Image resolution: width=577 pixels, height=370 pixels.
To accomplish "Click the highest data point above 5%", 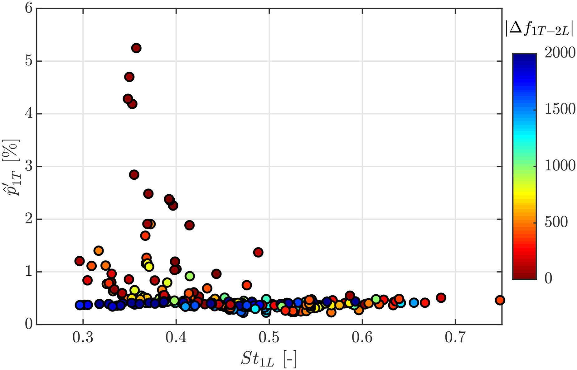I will [x=136, y=48].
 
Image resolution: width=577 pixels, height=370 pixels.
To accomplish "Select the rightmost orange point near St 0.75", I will [x=500, y=300].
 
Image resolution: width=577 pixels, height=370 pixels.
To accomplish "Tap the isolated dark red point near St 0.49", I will [x=258, y=252].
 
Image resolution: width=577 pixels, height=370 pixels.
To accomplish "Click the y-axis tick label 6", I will [x=29, y=8].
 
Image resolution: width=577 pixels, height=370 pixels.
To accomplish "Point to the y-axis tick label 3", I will [x=29, y=167].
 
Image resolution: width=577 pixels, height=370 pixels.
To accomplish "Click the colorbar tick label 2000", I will [x=560, y=53].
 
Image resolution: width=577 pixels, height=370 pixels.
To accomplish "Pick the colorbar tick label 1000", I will [x=560, y=166].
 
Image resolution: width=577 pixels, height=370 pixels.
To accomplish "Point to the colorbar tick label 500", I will [x=556, y=222].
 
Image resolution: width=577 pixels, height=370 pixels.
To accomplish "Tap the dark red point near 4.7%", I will [x=129, y=77].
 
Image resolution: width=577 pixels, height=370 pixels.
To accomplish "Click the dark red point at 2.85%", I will [x=134, y=175].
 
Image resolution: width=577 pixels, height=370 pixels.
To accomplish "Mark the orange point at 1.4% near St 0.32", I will [x=99, y=250].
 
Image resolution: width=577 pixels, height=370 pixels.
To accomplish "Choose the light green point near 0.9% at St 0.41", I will [x=190, y=276].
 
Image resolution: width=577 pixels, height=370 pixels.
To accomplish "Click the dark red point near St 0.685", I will [x=441, y=297].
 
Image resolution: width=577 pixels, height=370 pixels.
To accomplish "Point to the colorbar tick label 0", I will [x=548, y=278].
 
